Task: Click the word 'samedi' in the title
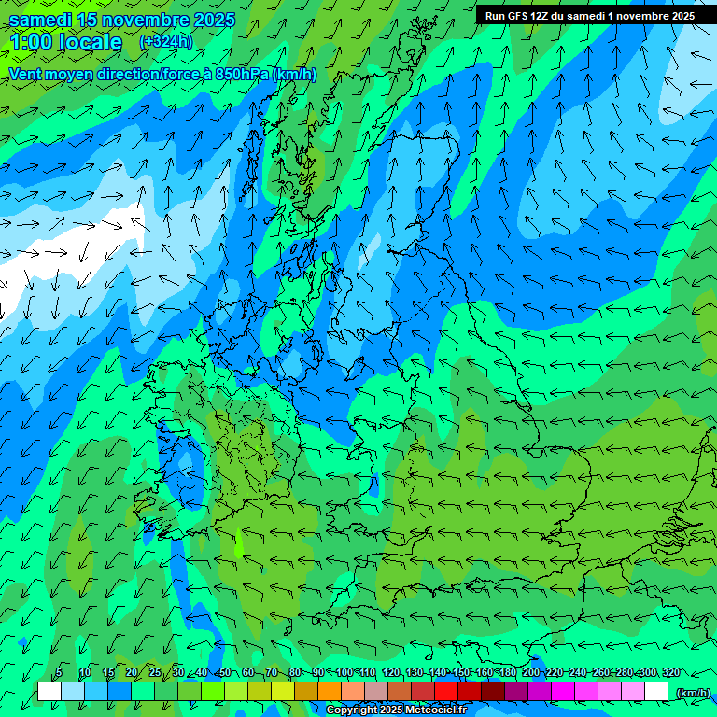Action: (x=41, y=20)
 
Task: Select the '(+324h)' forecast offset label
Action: (x=165, y=42)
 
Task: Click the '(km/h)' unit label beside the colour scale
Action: (x=692, y=693)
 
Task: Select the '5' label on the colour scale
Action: (x=59, y=672)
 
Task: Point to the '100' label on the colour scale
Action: (x=344, y=672)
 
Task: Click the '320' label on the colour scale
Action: (x=671, y=672)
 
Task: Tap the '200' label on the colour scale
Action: (x=531, y=672)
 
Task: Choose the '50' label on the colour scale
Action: (x=225, y=672)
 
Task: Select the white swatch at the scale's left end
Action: (x=49, y=692)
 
